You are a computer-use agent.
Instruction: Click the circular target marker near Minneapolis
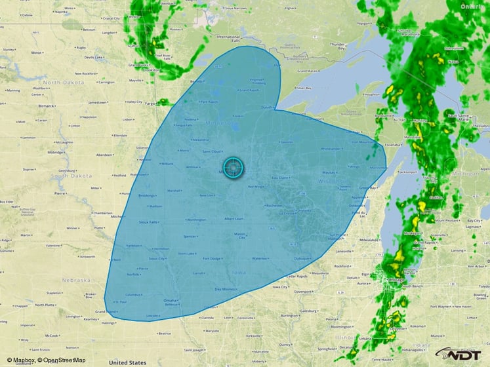(233, 168)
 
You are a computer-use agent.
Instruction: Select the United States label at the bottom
(127, 362)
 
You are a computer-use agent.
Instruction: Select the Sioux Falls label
(149, 222)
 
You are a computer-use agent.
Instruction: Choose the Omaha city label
(169, 300)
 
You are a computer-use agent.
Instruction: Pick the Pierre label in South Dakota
(60, 194)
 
